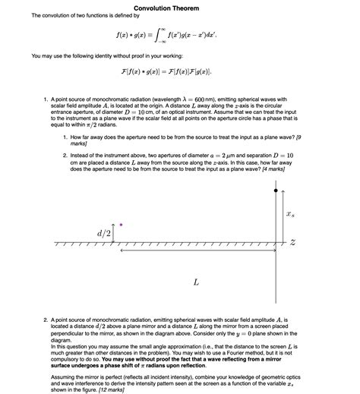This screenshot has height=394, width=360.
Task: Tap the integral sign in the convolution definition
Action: point(162,34)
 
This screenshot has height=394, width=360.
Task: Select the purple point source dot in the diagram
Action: point(120,225)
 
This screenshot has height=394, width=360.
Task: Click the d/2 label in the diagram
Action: point(104,232)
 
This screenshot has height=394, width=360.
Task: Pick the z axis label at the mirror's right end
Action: point(292,242)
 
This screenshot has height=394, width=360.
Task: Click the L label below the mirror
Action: point(196,282)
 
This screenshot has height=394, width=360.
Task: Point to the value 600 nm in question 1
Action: point(232,99)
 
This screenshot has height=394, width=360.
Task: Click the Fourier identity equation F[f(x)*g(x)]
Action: point(165,71)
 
